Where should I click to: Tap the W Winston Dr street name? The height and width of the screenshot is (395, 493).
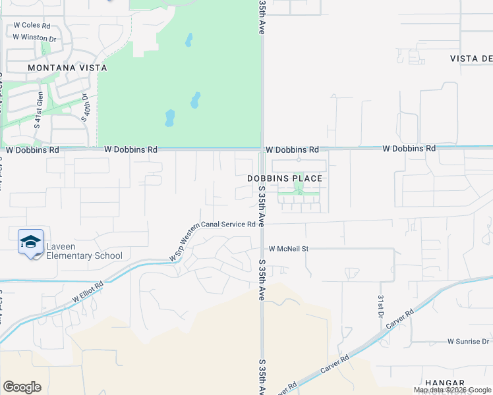pos(34,37)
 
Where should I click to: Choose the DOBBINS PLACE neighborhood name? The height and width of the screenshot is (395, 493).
pos(285,178)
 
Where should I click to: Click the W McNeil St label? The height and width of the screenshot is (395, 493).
pos(289,249)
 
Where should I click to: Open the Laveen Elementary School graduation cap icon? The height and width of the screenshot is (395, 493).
pos(30,242)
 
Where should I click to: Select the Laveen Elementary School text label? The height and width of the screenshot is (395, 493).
pos(84,251)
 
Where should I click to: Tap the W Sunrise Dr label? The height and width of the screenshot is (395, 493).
pos(469,342)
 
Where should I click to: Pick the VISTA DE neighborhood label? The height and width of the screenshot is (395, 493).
pos(471,59)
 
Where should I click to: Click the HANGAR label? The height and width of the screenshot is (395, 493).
pos(463,382)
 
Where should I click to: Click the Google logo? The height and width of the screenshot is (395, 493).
pos(22,387)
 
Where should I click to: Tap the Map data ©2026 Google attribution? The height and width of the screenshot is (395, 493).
pos(452,390)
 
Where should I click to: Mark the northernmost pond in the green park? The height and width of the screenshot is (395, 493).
pos(189,40)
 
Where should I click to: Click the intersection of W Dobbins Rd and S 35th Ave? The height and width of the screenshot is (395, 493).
pos(262,149)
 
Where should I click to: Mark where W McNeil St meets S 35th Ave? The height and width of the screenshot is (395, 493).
pos(262,249)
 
